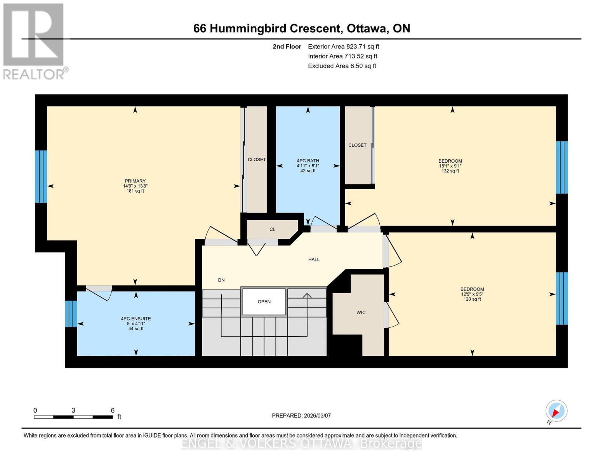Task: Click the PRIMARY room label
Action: (x=135, y=181)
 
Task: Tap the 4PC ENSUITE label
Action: (x=136, y=319)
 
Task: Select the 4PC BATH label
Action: (x=308, y=161)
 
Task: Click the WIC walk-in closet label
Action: (x=361, y=313)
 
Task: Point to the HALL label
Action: (x=314, y=259)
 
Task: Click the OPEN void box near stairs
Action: (x=264, y=302)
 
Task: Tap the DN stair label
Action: (x=221, y=280)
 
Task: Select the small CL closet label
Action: (x=272, y=230)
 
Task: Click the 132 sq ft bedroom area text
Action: (x=450, y=171)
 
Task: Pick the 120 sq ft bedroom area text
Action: (x=472, y=299)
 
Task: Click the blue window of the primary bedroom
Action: (x=41, y=177)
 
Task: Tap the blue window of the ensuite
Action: (x=71, y=314)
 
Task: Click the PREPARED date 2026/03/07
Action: (x=301, y=416)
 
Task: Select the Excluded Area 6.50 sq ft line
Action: (x=342, y=66)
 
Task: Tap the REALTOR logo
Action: (x=34, y=41)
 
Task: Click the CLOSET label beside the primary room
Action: (x=257, y=160)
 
